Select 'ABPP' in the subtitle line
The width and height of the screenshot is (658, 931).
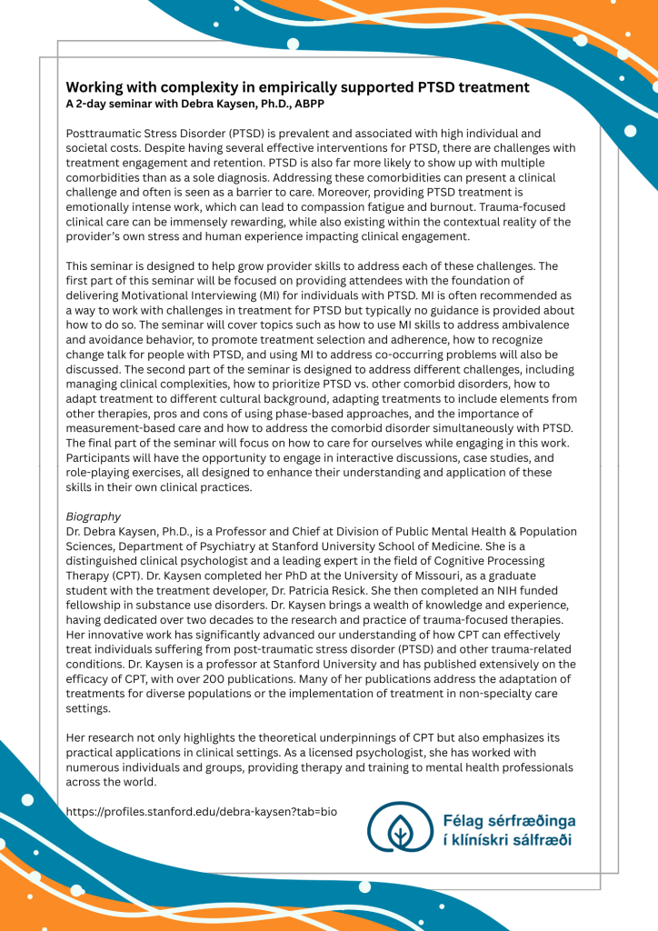click(306, 104)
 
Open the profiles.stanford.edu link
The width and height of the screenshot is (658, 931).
click(201, 811)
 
